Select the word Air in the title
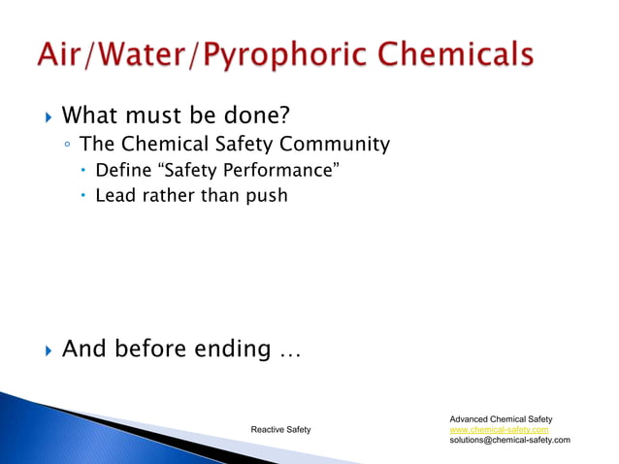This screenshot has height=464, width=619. [62, 54]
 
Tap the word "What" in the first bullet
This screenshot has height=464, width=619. [90, 117]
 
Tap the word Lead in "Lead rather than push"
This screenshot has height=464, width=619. [114, 196]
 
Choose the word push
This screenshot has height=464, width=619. [266, 197]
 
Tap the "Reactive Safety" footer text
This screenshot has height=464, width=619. [280, 429]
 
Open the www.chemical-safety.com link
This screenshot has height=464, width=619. [499, 429]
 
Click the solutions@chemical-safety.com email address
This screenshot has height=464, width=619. [509, 440]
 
